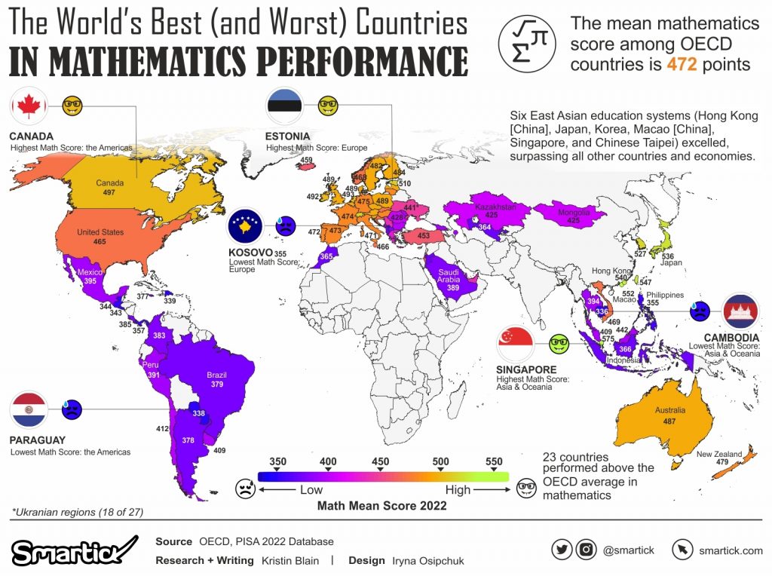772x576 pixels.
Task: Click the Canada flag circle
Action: pyautogui.click(x=29, y=106)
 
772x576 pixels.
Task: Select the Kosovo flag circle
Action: pyautogui.click(x=245, y=224)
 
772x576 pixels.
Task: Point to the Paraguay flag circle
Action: pyautogui.click(x=29, y=410)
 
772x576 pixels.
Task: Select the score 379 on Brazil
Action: pyautogui.click(x=217, y=384)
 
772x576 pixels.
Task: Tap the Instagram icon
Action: pyautogui.click(x=586, y=550)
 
